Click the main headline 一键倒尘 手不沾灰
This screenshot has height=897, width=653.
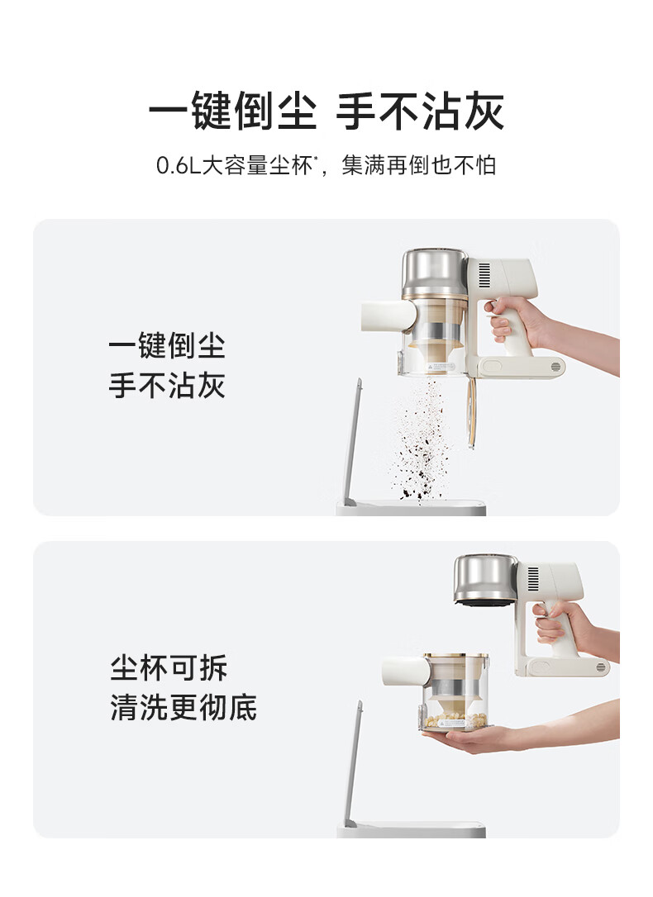pos(326,111)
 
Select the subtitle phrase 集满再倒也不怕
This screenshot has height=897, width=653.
pos(419,166)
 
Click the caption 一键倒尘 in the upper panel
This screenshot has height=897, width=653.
pos(166,346)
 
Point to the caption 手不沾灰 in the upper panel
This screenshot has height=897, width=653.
pos(166,385)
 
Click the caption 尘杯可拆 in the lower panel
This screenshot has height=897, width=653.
pos(169,667)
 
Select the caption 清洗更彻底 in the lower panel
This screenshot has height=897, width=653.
pos(184,707)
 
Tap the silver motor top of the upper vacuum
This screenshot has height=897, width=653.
pos(435,273)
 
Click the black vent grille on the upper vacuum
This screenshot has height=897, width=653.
pos(484,274)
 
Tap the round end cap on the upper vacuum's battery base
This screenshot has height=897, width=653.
pos(555,367)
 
